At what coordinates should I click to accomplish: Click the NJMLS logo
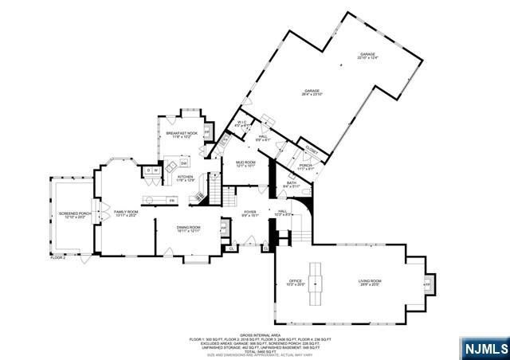click(483, 348)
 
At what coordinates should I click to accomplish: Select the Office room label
click(294, 282)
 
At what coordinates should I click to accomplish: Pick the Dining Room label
click(189, 229)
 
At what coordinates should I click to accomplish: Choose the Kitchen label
click(185, 178)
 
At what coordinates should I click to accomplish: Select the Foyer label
click(251, 213)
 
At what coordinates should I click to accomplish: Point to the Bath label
click(292, 185)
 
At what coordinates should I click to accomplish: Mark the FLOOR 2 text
click(58, 257)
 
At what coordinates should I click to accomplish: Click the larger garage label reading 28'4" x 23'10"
click(312, 92)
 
